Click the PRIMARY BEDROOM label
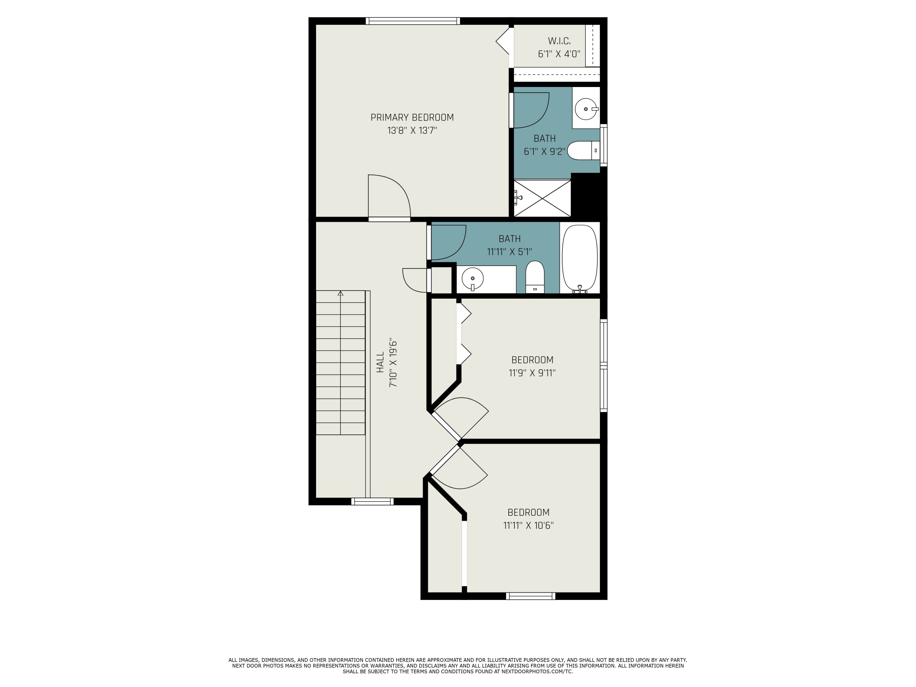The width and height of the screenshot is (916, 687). pyautogui.click(x=412, y=118)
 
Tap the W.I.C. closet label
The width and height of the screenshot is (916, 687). pyautogui.click(x=559, y=41)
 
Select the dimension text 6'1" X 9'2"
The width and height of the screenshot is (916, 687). pyautogui.click(x=544, y=151)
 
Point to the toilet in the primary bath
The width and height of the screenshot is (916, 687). pyautogui.click(x=583, y=150)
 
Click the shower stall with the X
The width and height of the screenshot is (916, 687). pyautogui.click(x=542, y=198)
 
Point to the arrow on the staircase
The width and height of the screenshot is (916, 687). pyautogui.click(x=340, y=293)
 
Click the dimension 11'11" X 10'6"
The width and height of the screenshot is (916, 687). pyautogui.click(x=529, y=525)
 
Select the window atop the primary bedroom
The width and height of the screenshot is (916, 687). pyautogui.click(x=413, y=21)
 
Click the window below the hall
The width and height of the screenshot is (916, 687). pyautogui.click(x=372, y=501)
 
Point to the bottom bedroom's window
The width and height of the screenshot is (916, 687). pyautogui.click(x=530, y=596)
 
